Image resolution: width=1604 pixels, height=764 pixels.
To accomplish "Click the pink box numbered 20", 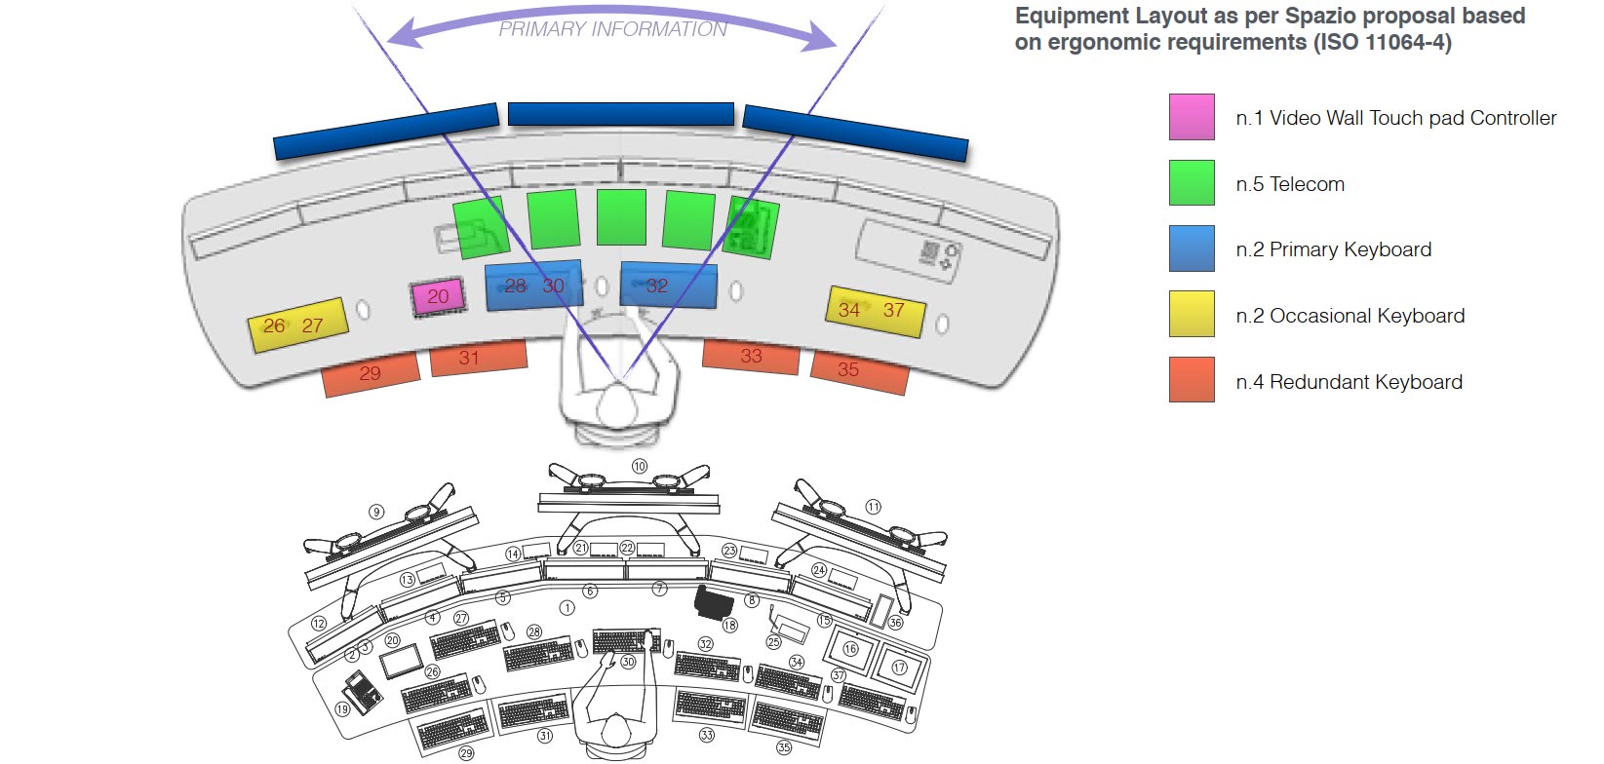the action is point(438,296).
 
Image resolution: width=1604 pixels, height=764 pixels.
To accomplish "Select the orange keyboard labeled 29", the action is point(371,373).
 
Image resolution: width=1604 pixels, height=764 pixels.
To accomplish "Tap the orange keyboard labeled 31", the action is point(479,357).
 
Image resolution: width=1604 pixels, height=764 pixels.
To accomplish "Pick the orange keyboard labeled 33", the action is point(751,357).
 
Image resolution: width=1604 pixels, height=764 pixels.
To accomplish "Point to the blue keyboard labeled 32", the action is point(668,285).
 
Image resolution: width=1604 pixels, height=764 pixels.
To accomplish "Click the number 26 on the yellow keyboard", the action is point(274,326).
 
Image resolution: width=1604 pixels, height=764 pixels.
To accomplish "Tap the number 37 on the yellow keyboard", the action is point(893,310).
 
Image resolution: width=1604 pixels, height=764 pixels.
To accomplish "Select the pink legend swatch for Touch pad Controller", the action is point(1192,117).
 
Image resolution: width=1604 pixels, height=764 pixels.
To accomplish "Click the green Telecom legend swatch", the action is point(1192,182).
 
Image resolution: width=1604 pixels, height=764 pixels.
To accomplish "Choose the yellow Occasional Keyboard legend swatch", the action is point(1192,314).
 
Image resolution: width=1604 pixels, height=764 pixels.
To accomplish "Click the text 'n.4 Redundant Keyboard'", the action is point(1350,382).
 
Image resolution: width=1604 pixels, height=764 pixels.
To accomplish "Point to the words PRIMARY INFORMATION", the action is point(612,29).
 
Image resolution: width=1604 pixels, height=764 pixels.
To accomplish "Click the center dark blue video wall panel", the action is point(621,114).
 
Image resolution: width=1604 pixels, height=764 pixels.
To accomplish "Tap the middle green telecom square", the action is point(621,216).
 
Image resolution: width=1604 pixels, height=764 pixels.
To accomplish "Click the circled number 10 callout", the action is point(640,467).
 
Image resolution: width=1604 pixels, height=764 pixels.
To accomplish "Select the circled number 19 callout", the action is point(342,708).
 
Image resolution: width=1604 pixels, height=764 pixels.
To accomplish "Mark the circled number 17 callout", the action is point(899,668).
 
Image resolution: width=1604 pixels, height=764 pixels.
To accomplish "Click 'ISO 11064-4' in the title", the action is point(1382,42).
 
